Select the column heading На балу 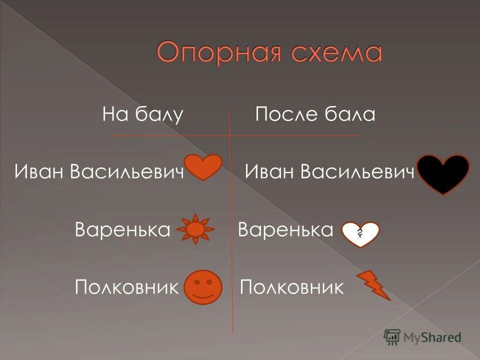pyautogui.click(x=143, y=115)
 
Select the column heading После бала pyautogui.click(x=315, y=115)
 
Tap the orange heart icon pyautogui.click(x=203, y=166)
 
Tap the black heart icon pyautogui.click(x=443, y=173)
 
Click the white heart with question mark pyautogui.click(x=360, y=233)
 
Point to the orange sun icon pyautogui.click(x=196, y=229)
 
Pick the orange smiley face pyautogui.click(x=202, y=287)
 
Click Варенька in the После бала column pyautogui.click(x=285, y=230)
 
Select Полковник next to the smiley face pyautogui.click(x=127, y=287)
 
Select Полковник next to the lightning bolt pyautogui.click(x=292, y=287)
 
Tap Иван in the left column pyautogui.click(x=40, y=172)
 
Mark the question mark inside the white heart pyautogui.click(x=360, y=232)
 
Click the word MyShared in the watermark pyautogui.click(x=432, y=337)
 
